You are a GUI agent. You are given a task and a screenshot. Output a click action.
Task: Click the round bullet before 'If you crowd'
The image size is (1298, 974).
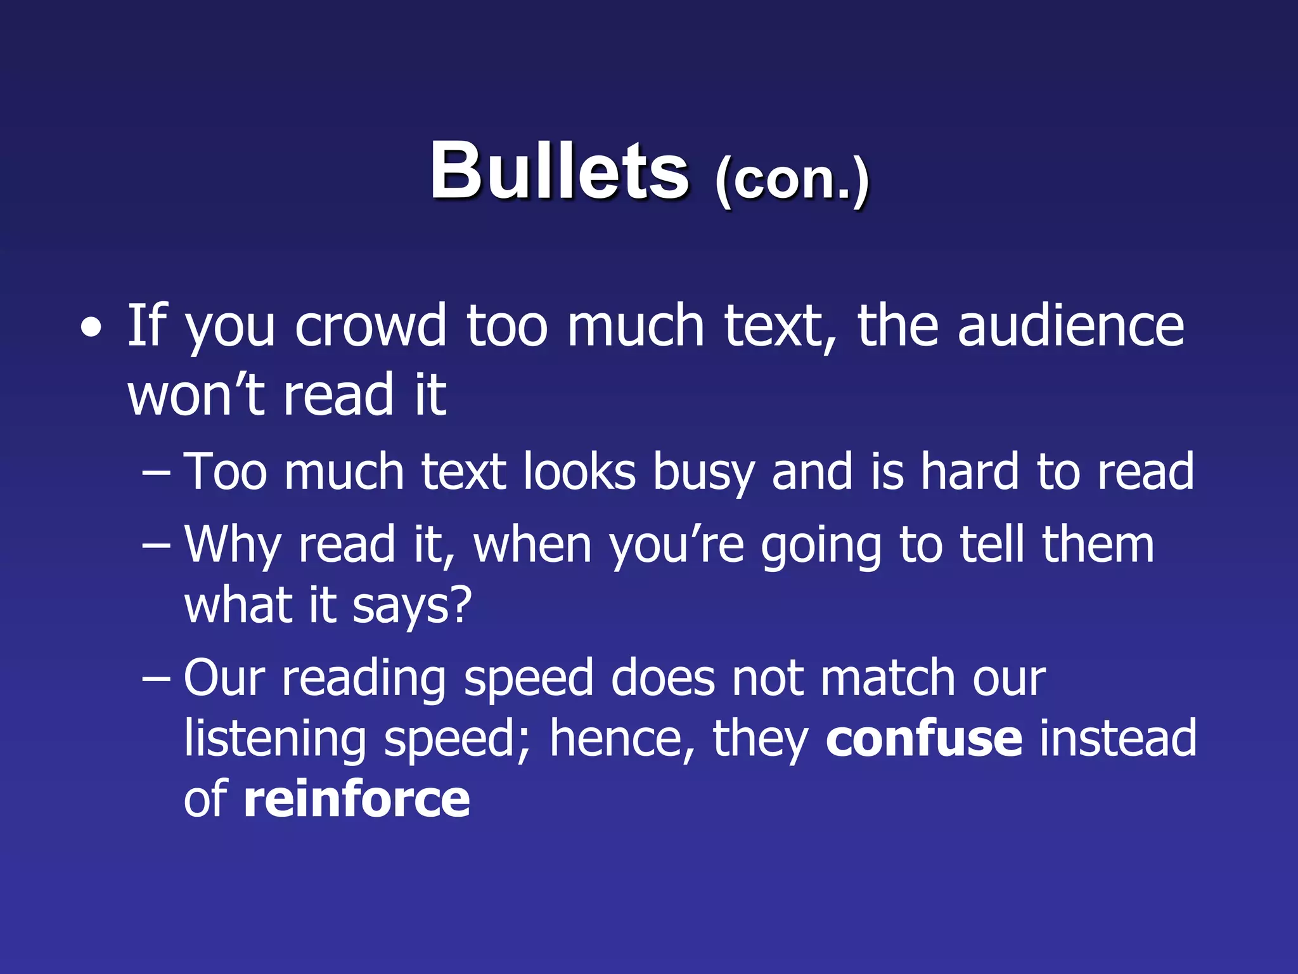91,328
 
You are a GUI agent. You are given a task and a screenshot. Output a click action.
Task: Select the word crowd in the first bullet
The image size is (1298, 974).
371,326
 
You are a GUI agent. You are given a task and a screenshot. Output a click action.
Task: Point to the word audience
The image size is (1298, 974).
1070,326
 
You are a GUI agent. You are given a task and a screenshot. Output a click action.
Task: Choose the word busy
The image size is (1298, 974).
704,473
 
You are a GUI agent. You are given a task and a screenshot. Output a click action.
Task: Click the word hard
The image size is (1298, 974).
969,472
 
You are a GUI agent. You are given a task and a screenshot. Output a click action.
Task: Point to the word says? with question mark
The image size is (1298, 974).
412,606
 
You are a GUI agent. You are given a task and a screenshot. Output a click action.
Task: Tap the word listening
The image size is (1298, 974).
275,739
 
